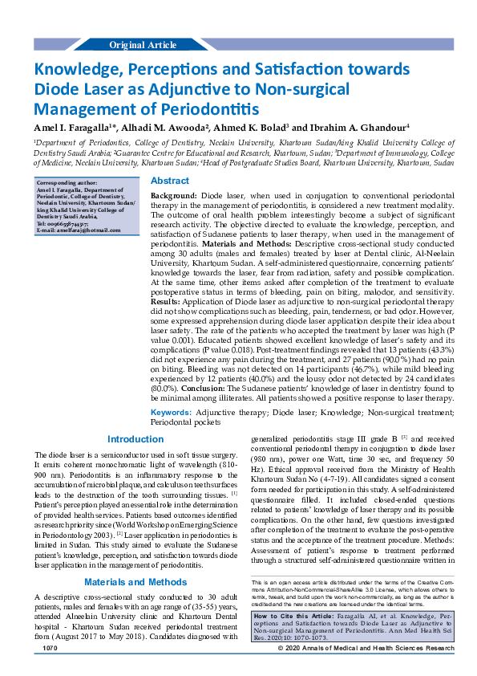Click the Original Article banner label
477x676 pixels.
(x=143, y=45)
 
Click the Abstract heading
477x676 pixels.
(x=170, y=181)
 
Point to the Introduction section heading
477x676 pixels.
(x=135, y=439)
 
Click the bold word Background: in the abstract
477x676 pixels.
(x=174, y=196)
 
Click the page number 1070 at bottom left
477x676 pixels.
(x=50, y=670)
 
